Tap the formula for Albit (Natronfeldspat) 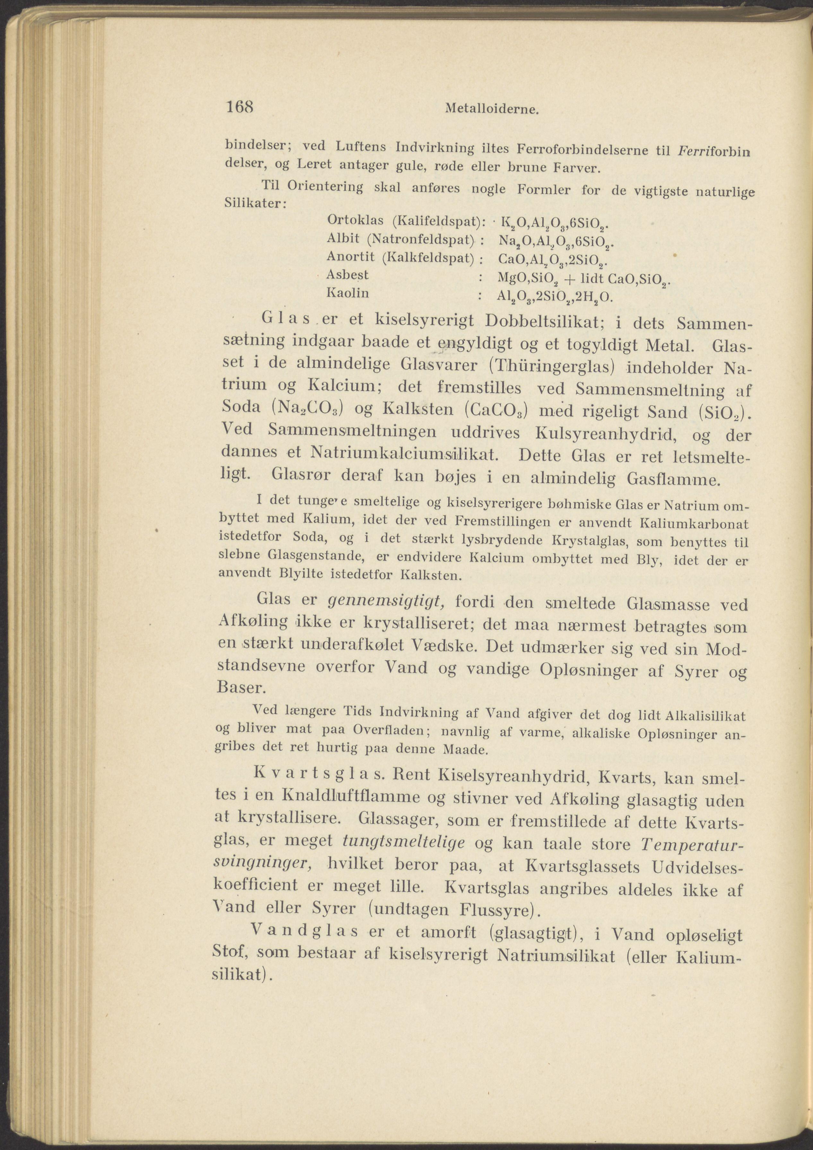point(556,242)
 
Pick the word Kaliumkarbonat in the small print point(694,523)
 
